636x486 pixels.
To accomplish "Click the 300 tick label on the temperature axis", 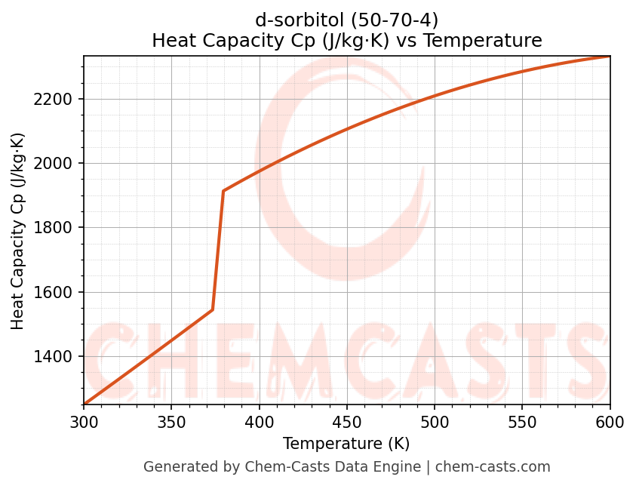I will [x=84, y=423].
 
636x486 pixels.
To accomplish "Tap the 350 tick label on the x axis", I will [x=171, y=423].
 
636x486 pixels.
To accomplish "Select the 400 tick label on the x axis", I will [x=260, y=423].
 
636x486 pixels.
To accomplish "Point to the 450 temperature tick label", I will [x=347, y=423].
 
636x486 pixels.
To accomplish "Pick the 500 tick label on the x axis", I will [x=435, y=423].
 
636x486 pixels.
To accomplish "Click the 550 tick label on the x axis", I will [x=522, y=423].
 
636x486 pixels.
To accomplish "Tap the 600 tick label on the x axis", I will [x=610, y=423].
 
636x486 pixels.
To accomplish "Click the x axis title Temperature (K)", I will [x=346, y=444].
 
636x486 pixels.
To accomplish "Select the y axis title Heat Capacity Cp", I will [x=18, y=231].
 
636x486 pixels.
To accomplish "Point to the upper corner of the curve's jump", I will [x=223, y=191].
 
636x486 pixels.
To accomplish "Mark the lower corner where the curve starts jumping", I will [x=213, y=309].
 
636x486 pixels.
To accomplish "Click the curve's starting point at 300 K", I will [x=84, y=404].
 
